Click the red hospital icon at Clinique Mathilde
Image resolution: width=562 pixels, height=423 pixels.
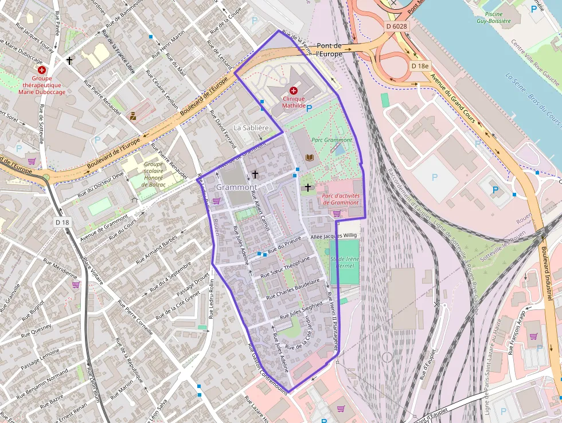coord(294,91)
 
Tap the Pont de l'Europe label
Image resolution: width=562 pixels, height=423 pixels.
coord(329,50)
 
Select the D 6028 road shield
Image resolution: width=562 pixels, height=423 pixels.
coord(396,26)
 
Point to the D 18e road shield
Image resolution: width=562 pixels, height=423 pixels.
coord(420,66)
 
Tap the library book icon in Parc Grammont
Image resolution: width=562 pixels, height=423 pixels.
coord(310,157)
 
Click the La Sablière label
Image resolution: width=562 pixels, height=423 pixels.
coord(251,127)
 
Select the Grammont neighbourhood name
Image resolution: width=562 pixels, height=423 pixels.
coord(236,187)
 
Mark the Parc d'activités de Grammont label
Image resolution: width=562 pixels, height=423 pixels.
coord(341,199)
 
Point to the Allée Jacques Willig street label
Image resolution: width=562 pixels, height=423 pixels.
coord(334,235)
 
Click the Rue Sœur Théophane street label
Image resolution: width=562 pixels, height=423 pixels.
coord(284,267)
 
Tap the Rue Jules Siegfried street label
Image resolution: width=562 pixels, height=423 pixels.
coord(301,310)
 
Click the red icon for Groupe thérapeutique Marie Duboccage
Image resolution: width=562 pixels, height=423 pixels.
coord(42,69)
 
